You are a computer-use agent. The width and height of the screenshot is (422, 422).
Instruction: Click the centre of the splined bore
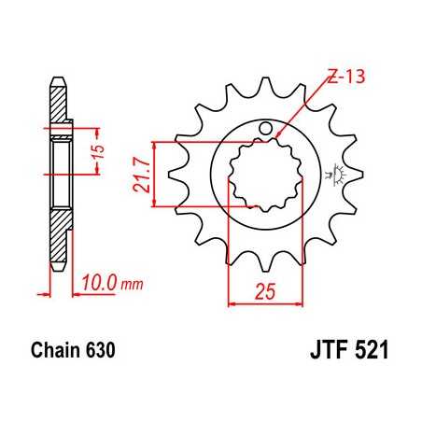(x=265, y=174)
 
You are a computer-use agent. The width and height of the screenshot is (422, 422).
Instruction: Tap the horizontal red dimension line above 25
(x=265, y=302)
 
